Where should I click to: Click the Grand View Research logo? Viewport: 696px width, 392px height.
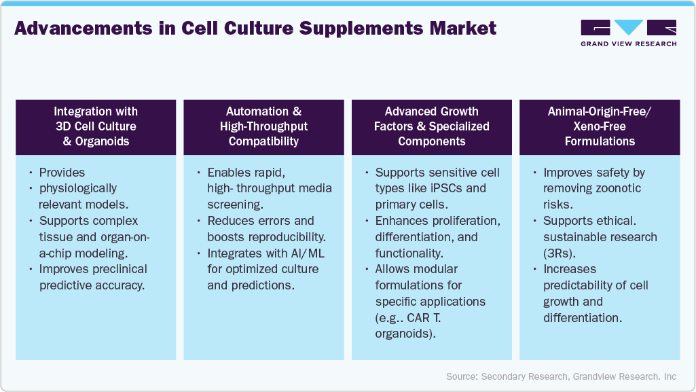pos(628,33)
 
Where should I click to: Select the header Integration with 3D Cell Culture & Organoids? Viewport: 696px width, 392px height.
pos(96,126)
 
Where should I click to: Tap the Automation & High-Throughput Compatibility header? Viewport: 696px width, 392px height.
pos(264,126)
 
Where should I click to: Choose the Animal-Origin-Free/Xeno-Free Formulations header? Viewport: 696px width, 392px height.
pos(600,126)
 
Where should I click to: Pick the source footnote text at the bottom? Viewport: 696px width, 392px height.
pos(561,376)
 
